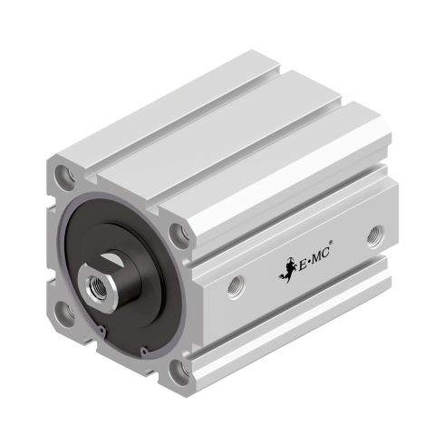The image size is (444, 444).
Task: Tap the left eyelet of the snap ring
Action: [x=101, y=330]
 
